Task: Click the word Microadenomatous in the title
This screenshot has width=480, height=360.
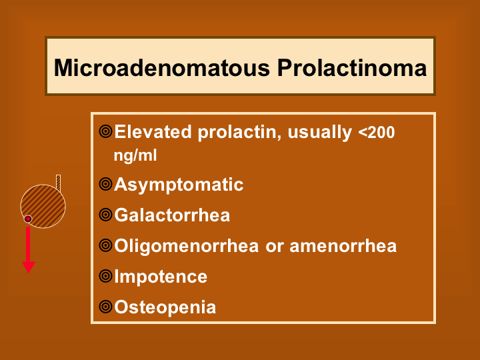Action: tap(162, 67)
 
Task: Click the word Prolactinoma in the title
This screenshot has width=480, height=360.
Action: tap(352, 67)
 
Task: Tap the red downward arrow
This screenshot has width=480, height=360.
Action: tap(28, 250)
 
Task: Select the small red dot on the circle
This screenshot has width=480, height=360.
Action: tap(28, 219)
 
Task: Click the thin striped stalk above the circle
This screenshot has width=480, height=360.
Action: tap(58, 183)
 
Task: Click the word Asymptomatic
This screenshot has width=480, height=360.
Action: tap(179, 185)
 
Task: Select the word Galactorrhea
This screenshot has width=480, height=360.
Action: tap(172, 215)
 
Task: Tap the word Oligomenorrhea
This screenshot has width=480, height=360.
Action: tap(187, 247)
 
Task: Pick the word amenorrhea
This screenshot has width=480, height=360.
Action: tap(343, 246)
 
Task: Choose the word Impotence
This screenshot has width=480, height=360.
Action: tap(161, 277)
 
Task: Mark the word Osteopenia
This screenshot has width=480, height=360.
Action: tap(165, 307)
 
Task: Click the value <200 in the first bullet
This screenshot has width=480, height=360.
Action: tap(376, 132)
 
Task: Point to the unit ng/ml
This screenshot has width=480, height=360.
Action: tap(135, 155)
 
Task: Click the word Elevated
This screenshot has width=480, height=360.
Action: tap(153, 132)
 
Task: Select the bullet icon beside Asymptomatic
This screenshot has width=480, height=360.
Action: tap(105, 184)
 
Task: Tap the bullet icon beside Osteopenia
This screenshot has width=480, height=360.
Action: tap(105, 307)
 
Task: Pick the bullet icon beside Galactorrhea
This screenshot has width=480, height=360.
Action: tap(105, 215)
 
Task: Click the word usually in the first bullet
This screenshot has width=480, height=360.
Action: tap(320, 133)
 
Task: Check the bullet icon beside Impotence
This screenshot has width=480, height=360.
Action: tap(105, 276)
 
